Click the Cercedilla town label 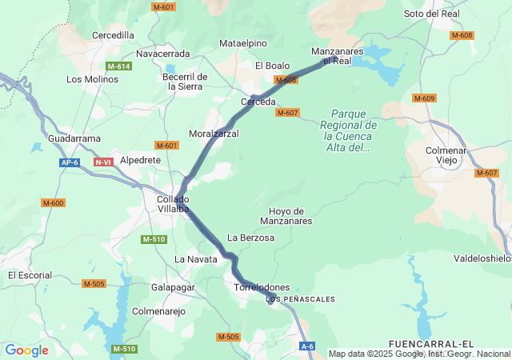coord(114,35)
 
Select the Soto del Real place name coord(432,14)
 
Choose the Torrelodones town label coord(262,287)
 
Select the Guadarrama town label coord(74,138)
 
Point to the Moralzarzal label coord(214,134)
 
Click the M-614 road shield coord(118,66)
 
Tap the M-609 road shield coord(424,98)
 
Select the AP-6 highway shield coord(70,162)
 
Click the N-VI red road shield coord(103,162)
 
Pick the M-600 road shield coord(53,203)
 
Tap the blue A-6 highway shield coord(308,346)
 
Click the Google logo coord(26,350)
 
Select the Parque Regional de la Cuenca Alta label coord(349,130)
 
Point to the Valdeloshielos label coord(482,258)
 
